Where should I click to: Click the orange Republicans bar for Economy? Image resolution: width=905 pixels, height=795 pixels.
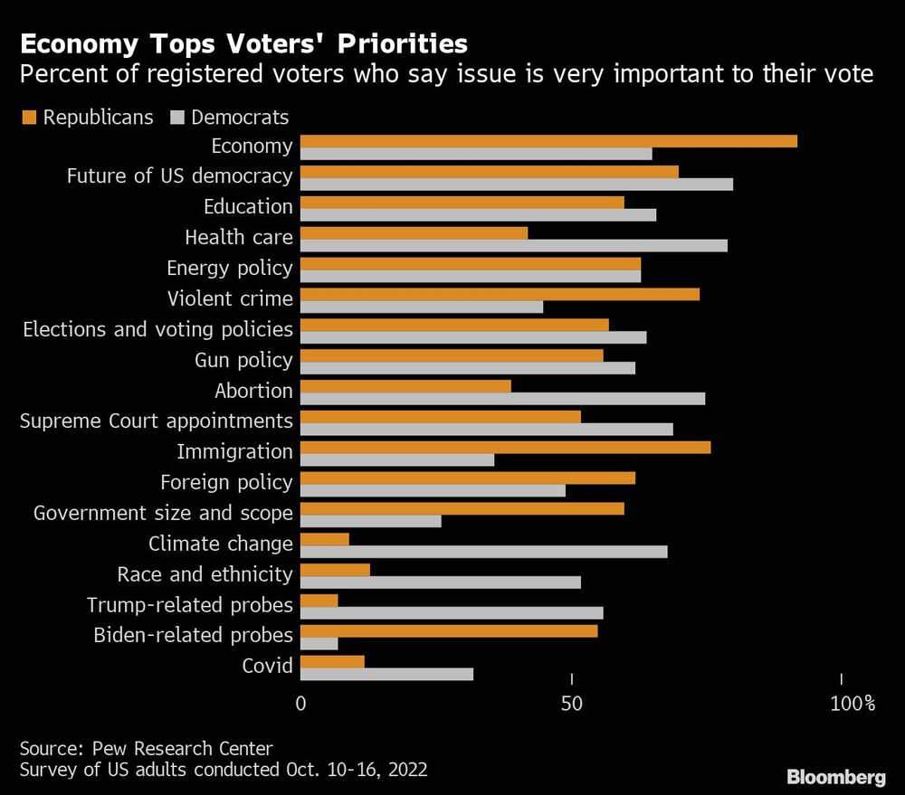[x=548, y=141]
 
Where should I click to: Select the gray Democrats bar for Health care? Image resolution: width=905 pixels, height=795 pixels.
[x=513, y=245]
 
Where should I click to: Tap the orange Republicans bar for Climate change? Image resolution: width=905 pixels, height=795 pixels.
[x=324, y=539]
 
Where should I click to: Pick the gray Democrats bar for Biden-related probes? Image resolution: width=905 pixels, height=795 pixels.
[x=319, y=643]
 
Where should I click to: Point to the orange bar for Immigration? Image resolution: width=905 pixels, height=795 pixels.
[x=505, y=447]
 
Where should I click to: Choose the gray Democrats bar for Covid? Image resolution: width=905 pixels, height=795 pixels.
[x=386, y=674]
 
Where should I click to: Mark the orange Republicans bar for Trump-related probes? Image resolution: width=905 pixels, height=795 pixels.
[x=319, y=601]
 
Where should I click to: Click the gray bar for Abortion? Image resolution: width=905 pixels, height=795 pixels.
[x=502, y=398]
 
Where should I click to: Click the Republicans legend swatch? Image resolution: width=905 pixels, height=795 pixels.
[x=27, y=117]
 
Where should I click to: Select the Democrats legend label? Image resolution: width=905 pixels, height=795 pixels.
[x=240, y=117]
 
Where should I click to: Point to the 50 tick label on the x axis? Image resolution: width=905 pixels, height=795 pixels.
[x=571, y=703]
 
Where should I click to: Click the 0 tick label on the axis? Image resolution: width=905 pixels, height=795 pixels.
[x=300, y=703]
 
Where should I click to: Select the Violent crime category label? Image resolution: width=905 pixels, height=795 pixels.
[x=230, y=298]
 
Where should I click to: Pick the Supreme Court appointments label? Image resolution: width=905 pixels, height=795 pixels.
[x=156, y=421]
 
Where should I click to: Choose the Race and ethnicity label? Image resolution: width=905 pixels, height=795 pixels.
[x=205, y=574]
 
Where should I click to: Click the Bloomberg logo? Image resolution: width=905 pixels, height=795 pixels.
[x=835, y=777]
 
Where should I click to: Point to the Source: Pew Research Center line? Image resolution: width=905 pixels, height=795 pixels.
[x=146, y=748]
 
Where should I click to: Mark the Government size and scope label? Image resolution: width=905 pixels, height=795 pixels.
[x=163, y=513]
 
